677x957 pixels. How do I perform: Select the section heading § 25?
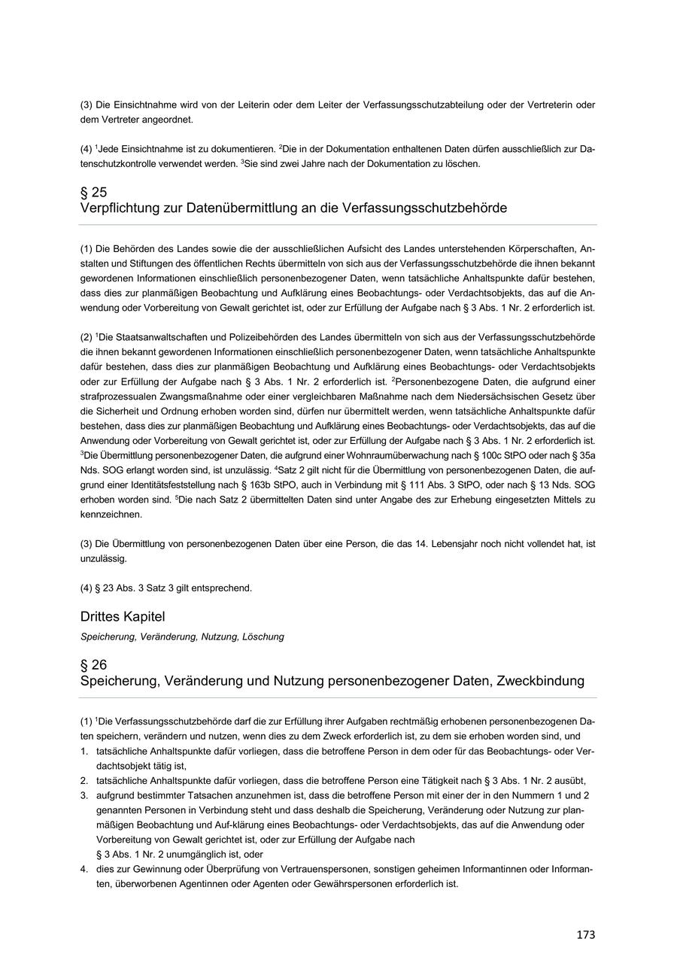click(93, 192)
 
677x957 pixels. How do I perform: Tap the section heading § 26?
click(93, 665)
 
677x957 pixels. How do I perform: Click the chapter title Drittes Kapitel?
click(122, 617)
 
